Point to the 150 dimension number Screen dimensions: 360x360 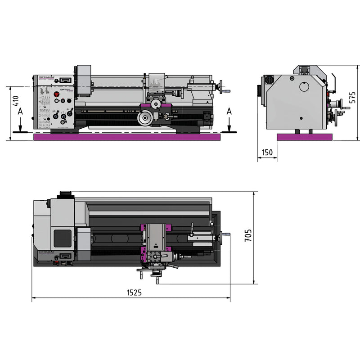click(267, 153)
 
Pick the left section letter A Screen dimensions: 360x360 click(19, 112)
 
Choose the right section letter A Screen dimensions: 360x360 click(229, 111)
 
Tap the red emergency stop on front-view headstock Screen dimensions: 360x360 click(57, 94)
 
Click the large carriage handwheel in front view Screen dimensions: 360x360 click(145, 119)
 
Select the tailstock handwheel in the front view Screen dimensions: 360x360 click(221, 85)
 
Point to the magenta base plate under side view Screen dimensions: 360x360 click(304, 137)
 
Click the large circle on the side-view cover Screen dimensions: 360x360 click(305, 86)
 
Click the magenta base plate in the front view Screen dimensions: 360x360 click(127, 137)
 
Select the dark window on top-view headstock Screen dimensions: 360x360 click(63, 238)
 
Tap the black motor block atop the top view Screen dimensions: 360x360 click(66, 194)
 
